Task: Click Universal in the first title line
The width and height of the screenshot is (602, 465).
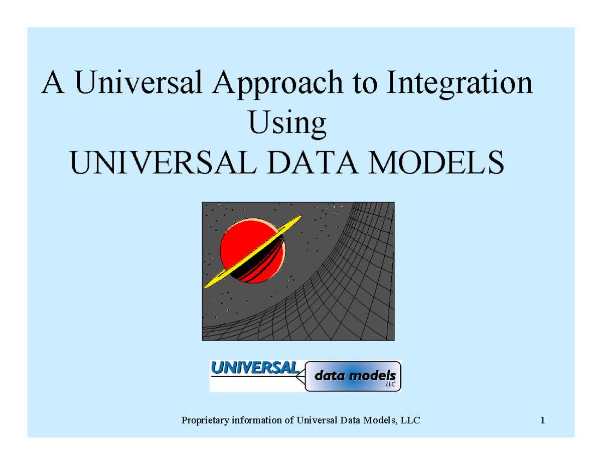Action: coord(138,83)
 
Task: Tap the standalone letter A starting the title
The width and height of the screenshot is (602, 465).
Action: coord(52,83)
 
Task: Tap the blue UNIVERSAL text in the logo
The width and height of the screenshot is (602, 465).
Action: coord(254,368)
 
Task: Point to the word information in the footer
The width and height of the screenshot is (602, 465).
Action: coord(254,420)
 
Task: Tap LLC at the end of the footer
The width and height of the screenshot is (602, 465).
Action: coord(410,420)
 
